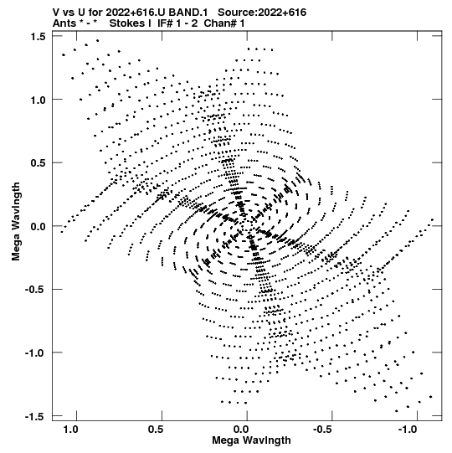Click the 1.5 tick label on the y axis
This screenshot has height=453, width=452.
pos(38,36)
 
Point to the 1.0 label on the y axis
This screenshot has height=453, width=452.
pos(38,100)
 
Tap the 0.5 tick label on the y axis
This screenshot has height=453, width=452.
pos(38,163)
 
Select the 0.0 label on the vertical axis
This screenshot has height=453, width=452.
pos(38,226)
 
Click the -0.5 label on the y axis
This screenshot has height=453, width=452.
pos(35,290)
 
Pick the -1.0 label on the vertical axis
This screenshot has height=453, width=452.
pos(35,353)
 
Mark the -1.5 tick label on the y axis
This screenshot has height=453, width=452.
pos(35,417)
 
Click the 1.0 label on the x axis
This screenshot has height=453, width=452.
pos(71,430)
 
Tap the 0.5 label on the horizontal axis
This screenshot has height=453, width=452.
pos(156,430)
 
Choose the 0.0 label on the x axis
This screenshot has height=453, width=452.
pos(241,430)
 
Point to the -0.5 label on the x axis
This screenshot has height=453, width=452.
pos(323,430)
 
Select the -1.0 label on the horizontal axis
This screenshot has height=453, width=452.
pos(408,430)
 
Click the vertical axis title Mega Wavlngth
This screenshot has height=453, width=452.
pos(16,222)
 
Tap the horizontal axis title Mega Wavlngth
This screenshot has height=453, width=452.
pos(251,440)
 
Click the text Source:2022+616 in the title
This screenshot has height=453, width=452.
pos(262,13)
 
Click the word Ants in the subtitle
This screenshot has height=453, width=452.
pos(64,23)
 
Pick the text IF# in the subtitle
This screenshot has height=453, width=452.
pos(165,23)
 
